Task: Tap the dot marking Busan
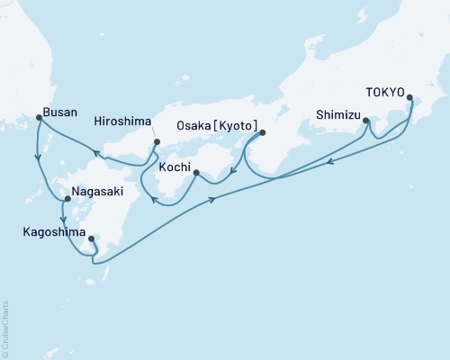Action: click(37, 117)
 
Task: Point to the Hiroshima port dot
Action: click(156, 141)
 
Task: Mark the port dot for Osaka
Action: click(262, 133)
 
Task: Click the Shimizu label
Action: click(337, 115)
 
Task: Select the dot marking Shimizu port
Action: click(365, 120)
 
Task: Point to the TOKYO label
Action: click(384, 91)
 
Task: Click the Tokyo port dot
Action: click(409, 98)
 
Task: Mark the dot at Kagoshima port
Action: click(91, 238)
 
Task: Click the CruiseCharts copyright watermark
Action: click(5, 328)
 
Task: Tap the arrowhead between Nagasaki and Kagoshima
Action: click(62, 219)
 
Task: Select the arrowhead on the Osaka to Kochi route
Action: click(231, 175)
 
